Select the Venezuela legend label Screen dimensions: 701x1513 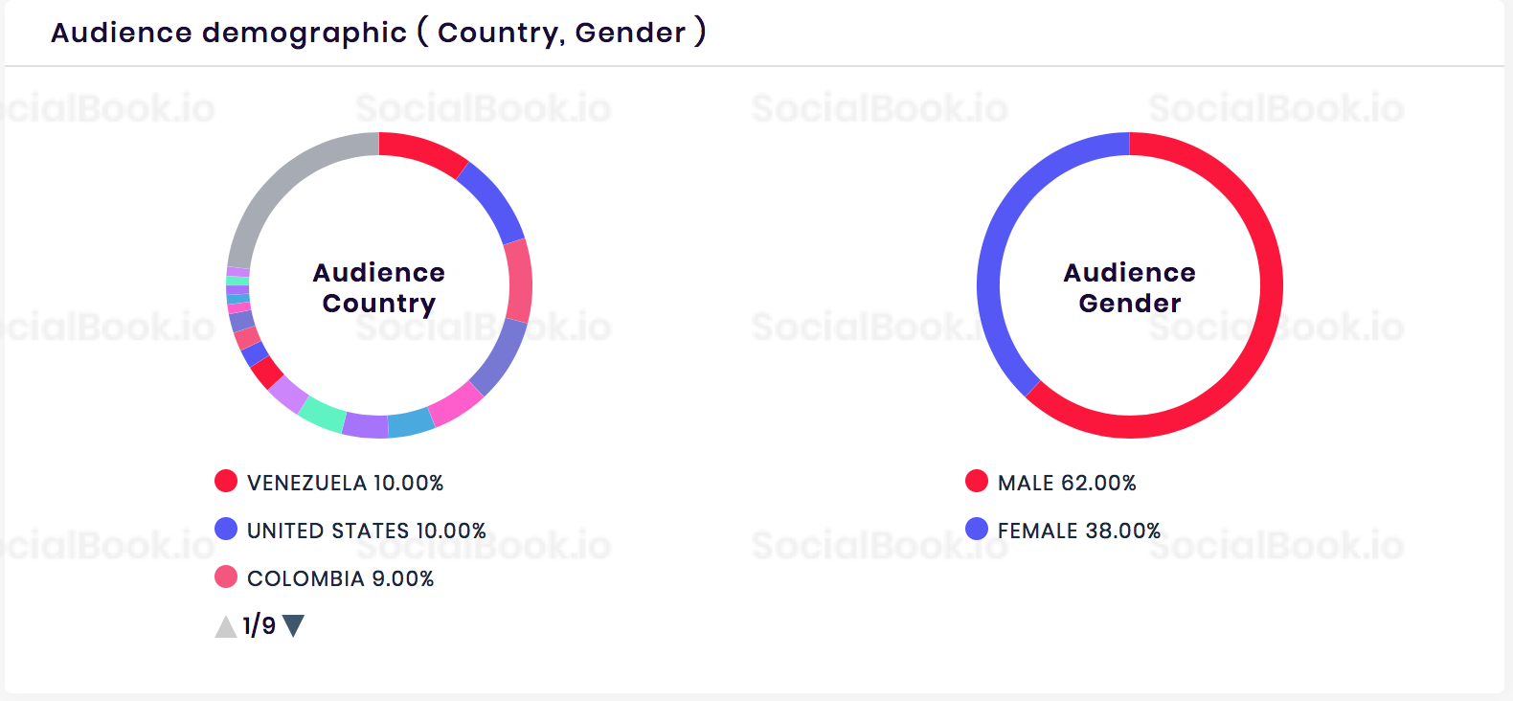click(x=345, y=483)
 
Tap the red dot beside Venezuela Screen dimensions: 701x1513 click(x=226, y=481)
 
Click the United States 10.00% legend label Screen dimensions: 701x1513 click(x=366, y=531)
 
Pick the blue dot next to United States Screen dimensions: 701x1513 click(x=226, y=529)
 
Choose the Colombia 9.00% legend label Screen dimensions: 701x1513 click(x=340, y=578)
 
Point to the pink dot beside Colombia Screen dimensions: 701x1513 click(x=226, y=577)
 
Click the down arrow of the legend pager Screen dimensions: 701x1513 click(x=294, y=626)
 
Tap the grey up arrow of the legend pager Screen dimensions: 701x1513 click(x=225, y=627)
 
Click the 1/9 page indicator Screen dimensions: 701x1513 click(x=259, y=626)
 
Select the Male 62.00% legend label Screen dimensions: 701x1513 click(x=1067, y=483)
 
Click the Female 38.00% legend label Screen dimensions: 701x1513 click(x=1078, y=531)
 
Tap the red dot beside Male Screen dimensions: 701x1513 click(x=977, y=481)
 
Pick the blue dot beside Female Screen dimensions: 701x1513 click(x=977, y=529)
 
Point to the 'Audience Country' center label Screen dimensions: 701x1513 click(x=379, y=287)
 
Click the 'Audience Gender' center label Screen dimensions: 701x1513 click(x=1130, y=287)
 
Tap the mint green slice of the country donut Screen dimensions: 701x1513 click(x=322, y=415)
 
